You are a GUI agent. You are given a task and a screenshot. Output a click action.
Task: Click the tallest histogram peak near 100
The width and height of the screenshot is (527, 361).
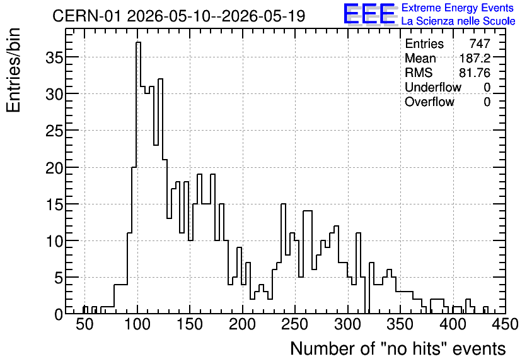138,42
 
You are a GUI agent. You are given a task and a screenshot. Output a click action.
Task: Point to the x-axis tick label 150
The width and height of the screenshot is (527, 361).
190,324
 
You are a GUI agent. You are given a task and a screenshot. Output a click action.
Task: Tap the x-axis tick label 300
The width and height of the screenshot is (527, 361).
347,324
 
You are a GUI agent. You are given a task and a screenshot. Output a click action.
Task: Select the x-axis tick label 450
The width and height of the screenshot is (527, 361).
505,324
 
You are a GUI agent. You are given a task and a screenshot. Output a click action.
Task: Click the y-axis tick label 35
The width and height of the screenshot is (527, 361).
54,57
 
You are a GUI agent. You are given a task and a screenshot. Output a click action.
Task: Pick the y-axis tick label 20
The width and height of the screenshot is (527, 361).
54,167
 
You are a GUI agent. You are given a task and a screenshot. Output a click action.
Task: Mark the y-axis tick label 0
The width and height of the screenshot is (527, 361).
59,314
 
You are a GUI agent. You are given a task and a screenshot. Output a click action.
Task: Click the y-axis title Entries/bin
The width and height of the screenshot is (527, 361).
13,71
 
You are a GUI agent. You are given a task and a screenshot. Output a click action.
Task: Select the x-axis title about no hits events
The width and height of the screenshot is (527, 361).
398,348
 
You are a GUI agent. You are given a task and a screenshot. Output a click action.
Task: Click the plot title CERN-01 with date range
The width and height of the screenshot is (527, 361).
179,16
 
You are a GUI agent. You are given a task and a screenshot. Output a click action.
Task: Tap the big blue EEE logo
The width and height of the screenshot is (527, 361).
369,14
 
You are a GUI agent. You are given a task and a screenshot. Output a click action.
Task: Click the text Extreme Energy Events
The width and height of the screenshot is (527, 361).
458,8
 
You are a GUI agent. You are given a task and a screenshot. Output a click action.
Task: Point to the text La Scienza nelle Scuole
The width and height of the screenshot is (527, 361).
458,21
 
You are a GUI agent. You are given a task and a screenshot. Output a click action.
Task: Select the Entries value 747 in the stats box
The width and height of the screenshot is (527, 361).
480,44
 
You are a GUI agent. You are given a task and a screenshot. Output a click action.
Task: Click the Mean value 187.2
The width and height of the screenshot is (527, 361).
475,58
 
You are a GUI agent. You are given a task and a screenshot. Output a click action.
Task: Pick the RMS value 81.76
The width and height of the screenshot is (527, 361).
475,73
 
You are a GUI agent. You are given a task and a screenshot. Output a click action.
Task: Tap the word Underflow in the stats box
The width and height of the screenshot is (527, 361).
433,87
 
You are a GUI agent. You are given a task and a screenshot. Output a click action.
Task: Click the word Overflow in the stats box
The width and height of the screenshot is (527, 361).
429,102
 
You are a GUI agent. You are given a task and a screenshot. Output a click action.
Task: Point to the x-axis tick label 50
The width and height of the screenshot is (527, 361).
84,324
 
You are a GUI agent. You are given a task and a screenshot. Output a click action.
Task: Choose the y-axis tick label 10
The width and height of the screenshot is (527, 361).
54,241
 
